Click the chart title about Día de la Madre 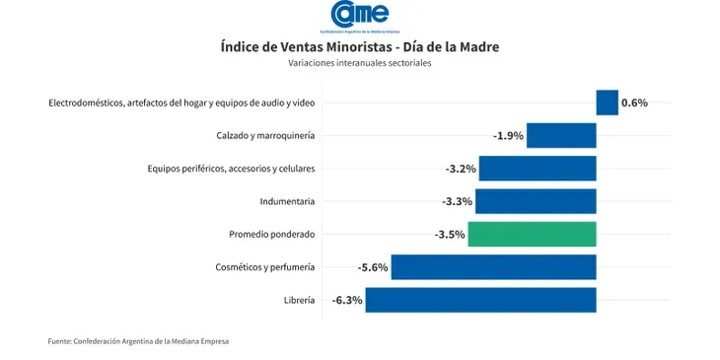tap(360, 46)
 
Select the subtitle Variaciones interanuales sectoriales tap(360, 63)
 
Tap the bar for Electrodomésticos tap(607, 103)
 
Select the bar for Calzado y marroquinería tap(561, 135)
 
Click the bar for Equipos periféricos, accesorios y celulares tap(538, 169)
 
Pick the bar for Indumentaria tap(536, 201)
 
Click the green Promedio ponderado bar tap(532, 235)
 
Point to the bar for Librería tap(480, 300)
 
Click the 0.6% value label tap(634, 103)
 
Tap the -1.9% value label tap(508, 136)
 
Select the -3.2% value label tap(461, 169)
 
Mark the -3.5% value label tap(450, 235)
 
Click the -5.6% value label tap(374, 267)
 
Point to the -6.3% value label tap(347, 300)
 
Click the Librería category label tap(298, 300)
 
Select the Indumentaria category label tap(287, 201)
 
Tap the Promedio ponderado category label tap(271, 235)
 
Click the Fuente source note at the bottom tap(138, 341)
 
